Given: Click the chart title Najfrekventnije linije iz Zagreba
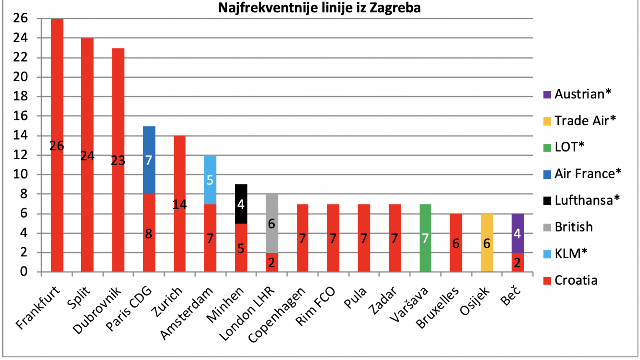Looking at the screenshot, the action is [320, 8].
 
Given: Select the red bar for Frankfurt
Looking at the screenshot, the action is [57, 145].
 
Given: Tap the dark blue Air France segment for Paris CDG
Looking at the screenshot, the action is [149, 160].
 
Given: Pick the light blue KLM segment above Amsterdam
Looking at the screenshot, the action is [210, 180].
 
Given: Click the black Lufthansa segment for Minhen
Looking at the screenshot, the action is [241, 204].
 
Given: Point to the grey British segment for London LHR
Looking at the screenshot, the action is [272, 224].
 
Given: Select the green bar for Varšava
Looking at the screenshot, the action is [426, 238].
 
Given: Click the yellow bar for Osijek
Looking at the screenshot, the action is [487, 242].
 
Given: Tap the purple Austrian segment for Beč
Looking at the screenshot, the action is [518, 233].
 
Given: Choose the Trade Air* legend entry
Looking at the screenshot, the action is [580, 121].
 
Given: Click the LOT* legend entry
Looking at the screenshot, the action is [564, 148].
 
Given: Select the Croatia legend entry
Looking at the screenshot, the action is [570, 280].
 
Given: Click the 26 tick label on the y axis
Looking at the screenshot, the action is [20, 18].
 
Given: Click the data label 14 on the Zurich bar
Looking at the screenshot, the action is [180, 204].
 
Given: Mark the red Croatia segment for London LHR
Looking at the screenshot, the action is [272, 262].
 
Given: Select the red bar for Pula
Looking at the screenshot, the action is [364, 238].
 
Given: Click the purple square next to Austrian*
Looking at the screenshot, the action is [547, 95].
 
